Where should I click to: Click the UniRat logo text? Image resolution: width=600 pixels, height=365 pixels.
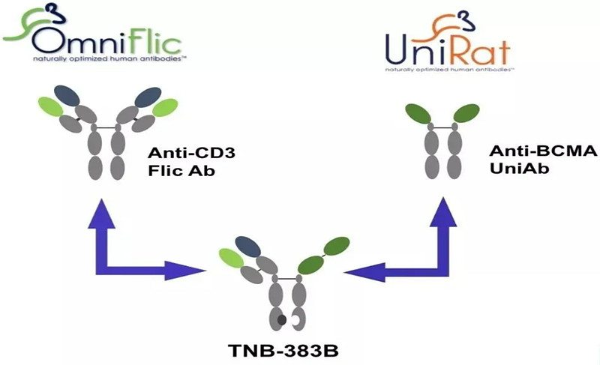[x=448, y=49]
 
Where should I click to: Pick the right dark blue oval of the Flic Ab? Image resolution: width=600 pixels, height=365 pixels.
[x=149, y=94]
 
